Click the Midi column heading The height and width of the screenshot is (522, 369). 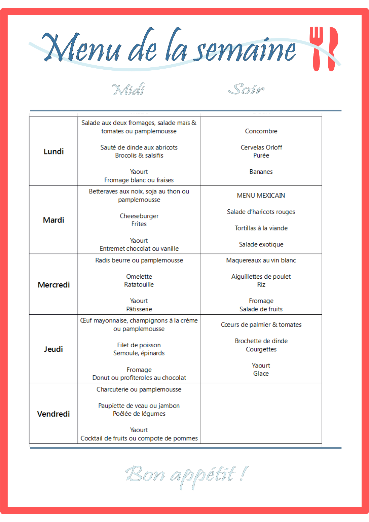[x=128, y=90]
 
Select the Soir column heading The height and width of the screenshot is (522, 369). [x=246, y=89]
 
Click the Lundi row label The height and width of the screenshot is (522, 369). [x=53, y=151]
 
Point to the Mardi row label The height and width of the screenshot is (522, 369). [x=53, y=220]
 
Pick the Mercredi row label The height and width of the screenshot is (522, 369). [x=53, y=285]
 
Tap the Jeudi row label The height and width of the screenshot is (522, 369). [x=53, y=349]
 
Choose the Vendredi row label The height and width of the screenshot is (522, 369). [x=53, y=414]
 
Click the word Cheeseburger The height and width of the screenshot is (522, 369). [x=139, y=216]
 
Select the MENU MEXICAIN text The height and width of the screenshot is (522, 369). [x=261, y=196]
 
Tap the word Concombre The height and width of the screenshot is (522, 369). [x=261, y=131]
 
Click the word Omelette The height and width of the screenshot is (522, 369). [x=139, y=277]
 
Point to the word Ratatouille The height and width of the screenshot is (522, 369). [x=139, y=285]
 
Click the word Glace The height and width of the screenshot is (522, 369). [x=261, y=374]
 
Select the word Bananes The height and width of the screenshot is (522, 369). [x=261, y=172]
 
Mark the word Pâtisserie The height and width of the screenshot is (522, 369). [x=139, y=309]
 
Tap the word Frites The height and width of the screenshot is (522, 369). [x=139, y=224]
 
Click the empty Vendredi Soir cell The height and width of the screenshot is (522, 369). [x=261, y=413]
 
